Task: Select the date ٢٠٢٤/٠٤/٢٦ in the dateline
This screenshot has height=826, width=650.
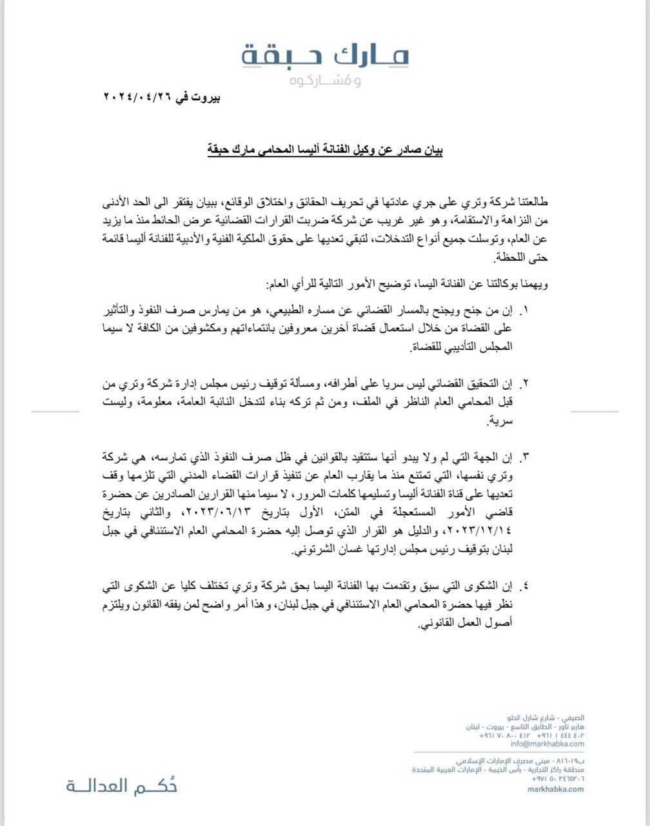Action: [139, 99]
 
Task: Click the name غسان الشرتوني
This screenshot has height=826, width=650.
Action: [322, 553]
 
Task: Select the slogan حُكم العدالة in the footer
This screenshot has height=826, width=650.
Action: [121, 786]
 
